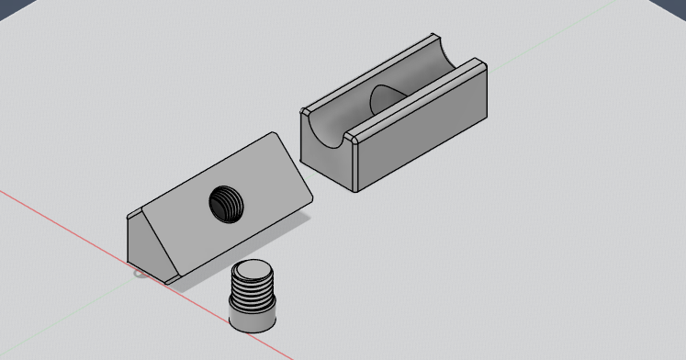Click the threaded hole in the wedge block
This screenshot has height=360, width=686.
tap(227, 203)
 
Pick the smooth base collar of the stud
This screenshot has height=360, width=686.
tap(253, 319)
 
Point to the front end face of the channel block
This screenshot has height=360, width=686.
tap(326, 156)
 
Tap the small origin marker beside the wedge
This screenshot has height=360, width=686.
tap(140, 272)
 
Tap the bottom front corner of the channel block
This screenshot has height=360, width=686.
tap(356, 189)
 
